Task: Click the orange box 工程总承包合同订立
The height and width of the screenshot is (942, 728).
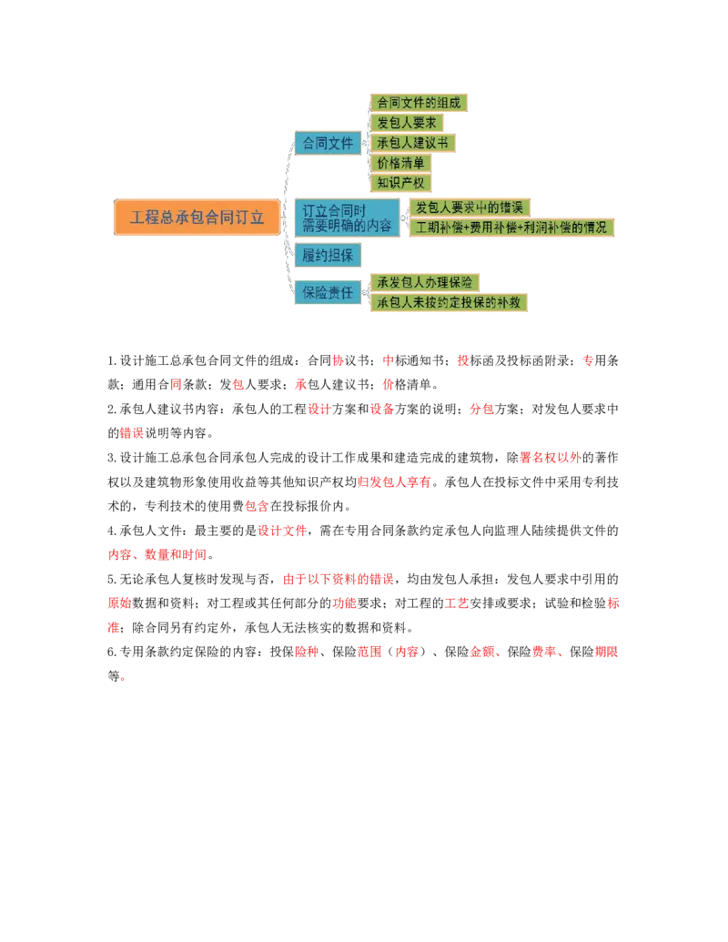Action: coord(197,218)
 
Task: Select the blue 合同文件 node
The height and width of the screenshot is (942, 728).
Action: coord(328,143)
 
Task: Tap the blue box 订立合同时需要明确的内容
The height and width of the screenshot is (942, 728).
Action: coord(347,218)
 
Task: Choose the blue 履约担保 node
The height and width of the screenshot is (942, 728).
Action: coord(328,255)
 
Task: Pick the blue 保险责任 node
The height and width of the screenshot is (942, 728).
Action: coord(328,292)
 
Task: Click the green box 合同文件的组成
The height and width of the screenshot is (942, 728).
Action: coord(420,102)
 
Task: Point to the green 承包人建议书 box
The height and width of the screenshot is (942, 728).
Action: coord(412,143)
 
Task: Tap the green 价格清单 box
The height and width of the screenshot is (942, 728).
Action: coord(400,163)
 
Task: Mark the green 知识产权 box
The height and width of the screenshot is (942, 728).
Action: coord(400,183)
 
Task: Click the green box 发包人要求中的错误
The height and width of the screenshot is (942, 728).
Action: coord(469,208)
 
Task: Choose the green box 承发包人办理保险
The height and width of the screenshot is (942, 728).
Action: coord(424,282)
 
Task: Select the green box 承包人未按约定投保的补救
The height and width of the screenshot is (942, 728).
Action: coord(449,302)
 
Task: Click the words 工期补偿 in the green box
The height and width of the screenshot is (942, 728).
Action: coord(440,228)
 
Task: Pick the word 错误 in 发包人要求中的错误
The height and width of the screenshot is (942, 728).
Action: coord(512,208)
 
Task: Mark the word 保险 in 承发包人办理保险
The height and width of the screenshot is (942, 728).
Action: coord(460,282)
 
